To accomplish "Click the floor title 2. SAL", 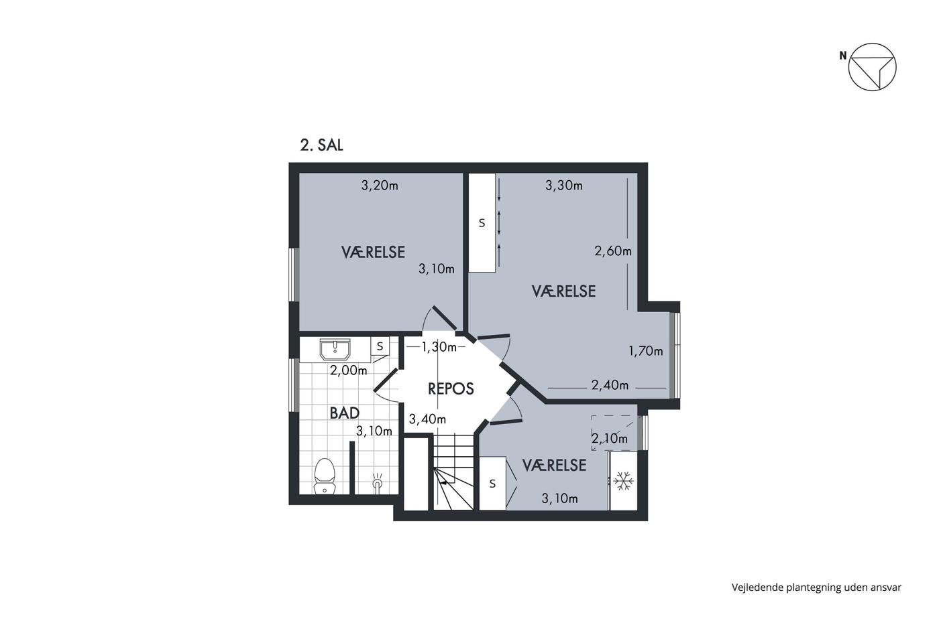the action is pyautogui.click(x=321, y=145).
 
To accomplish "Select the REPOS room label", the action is pyautogui.click(x=451, y=389).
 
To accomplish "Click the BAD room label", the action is pyautogui.click(x=345, y=413).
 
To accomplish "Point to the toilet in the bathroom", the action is pyautogui.click(x=325, y=476).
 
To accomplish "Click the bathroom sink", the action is pyautogui.click(x=335, y=350).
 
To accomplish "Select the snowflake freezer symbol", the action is pyautogui.click(x=623, y=481).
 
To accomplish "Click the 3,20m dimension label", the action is pyautogui.click(x=380, y=185).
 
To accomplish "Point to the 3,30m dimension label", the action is pyautogui.click(x=564, y=185).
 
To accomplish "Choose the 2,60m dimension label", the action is pyautogui.click(x=613, y=251).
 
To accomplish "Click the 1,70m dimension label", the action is pyautogui.click(x=645, y=351).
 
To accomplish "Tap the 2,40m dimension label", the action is pyautogui.click(x=610, y=385).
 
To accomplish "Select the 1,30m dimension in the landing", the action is pyautogui.click(x=439, y=347).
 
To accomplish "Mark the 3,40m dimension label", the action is pyautogui.click(x=427, y=419).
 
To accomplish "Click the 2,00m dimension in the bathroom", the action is pyautogui.click(x=348, y=370).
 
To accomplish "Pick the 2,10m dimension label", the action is pyautogui.click(x=610, y=438).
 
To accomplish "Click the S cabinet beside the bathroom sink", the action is pyautogui.click(x=380, y=346).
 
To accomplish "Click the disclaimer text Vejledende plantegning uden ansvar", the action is pyautogui.click(x=817, y=587).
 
